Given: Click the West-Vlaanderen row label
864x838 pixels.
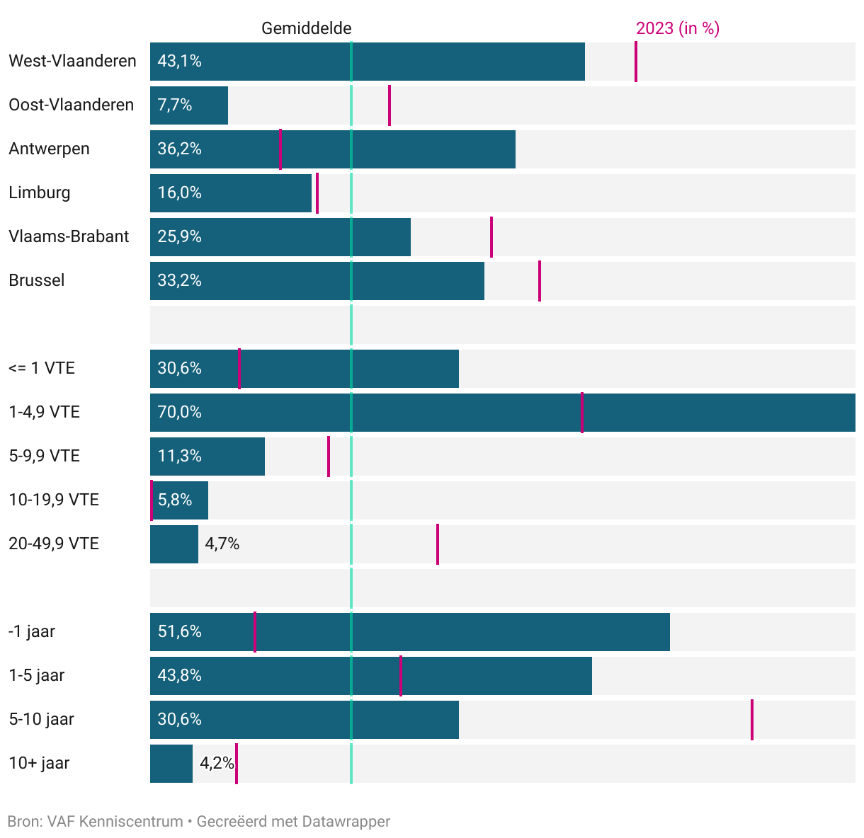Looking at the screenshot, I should point(72,62).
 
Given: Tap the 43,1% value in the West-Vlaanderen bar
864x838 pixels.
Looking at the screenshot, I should point(180,62).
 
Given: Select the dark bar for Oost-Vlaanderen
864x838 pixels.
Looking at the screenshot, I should point(189,105).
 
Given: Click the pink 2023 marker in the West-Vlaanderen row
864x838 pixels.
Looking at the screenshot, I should point(636,62).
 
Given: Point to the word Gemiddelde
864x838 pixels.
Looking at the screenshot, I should point(306,28).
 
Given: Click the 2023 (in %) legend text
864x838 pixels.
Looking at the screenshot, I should point(677,28).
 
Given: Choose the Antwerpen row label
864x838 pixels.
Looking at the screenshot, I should point(50,149).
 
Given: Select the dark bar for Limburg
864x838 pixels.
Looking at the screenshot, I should point(231,193).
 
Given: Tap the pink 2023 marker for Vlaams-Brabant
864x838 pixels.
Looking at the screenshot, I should point(491,237).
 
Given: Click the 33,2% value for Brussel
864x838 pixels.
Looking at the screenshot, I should point(180,281).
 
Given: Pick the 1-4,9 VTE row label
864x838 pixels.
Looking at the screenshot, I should point(44,413).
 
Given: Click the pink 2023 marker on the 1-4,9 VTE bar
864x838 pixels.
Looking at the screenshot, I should point(582,413).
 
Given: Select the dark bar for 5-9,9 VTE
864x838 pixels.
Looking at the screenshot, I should point(208,457).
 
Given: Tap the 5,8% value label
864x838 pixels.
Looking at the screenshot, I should point(175,500).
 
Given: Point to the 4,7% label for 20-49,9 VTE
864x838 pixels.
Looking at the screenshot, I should point(222,544).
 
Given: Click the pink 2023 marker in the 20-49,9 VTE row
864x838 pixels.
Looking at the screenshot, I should point(438,544).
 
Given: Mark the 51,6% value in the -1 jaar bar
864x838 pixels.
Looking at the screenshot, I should point(180,632).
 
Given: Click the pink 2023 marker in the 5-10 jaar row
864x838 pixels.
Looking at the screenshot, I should point(752,720).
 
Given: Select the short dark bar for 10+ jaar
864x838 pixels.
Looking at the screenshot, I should point(171,764).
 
